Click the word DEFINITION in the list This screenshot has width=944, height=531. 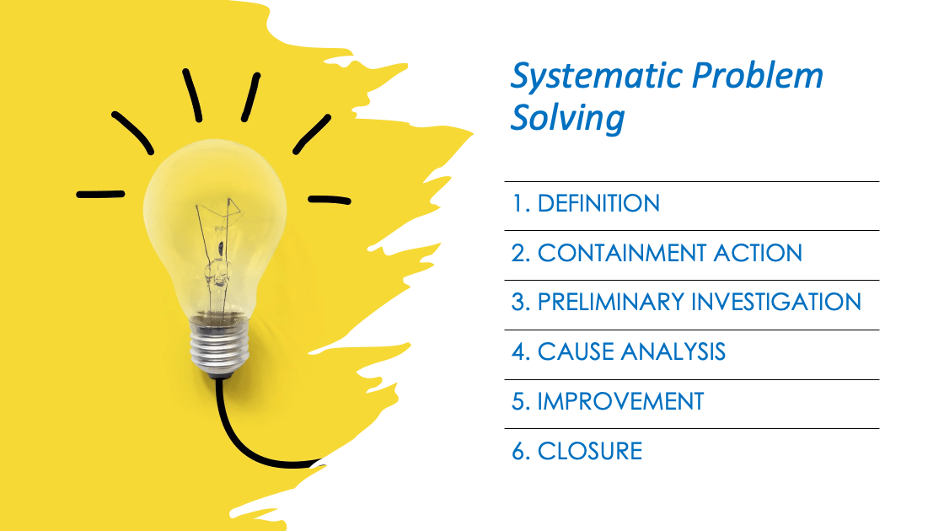pyautogui.click(x=598, y=204)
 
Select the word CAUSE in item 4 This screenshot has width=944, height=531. pyautogui.click(x=574, y=351)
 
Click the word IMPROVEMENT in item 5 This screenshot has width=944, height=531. pyautogui.click(x=620, y=401)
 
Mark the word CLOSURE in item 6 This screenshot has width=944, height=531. pyautogui.click(x=590, y=451)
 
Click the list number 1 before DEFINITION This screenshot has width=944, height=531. pyautogui.click(x=518, y=204)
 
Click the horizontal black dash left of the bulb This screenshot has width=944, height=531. pyautogui.click(x=100, y=194)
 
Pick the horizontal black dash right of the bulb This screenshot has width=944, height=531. pyautogui.click(x=329, y=200)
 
